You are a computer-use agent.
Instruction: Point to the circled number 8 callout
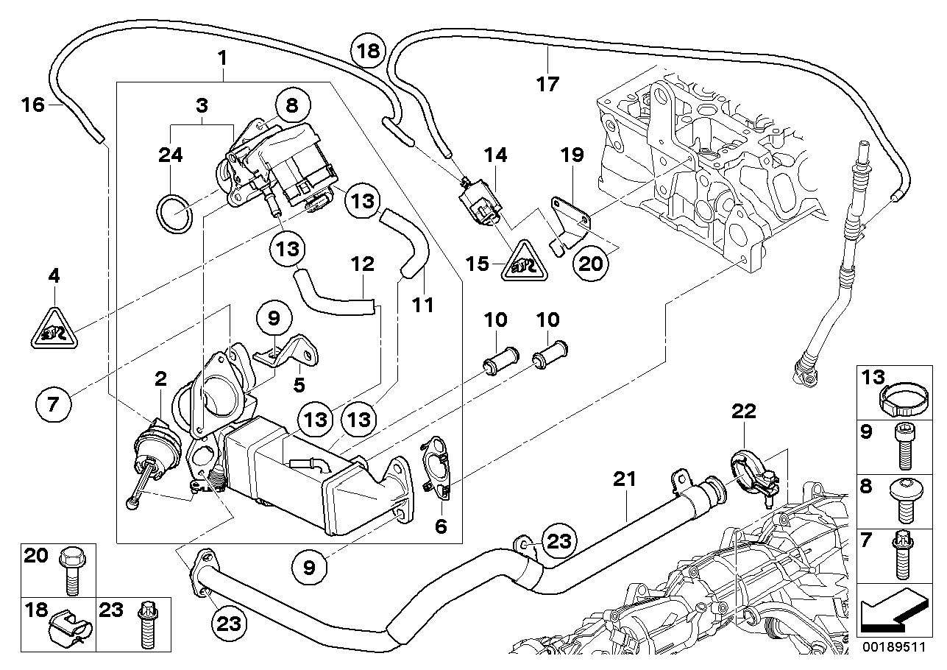(292, 106)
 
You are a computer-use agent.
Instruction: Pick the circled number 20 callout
(590, 263)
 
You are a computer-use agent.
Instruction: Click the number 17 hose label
(548, 83)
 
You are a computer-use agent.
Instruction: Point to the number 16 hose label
(33, 105)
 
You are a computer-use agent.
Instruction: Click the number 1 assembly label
(222, 57)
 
